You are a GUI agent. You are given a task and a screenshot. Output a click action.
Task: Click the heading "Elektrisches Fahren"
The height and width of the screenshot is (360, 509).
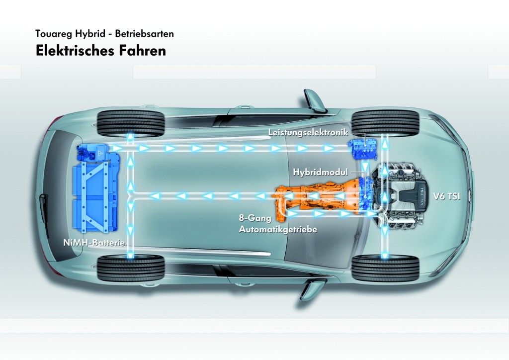tap(100, 51)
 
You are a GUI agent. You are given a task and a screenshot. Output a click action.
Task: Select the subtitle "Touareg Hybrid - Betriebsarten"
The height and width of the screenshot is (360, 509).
tap(104, 35)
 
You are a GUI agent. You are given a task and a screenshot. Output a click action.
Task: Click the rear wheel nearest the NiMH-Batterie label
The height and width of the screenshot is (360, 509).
tap(131, 268)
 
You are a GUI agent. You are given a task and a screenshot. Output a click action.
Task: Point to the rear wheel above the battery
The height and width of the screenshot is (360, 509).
tap(131, 122)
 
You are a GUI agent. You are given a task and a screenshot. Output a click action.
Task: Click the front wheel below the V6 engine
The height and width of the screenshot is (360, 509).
tap(385, 268)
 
